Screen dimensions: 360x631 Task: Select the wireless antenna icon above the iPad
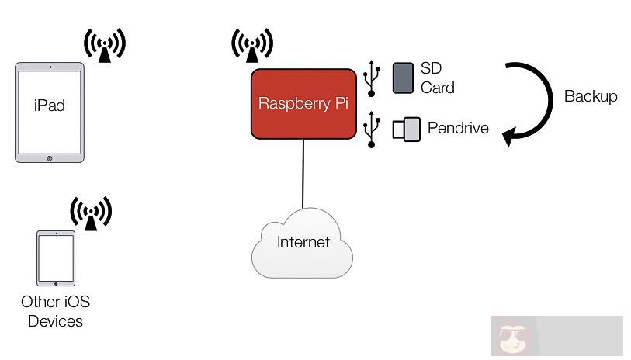point(105,45)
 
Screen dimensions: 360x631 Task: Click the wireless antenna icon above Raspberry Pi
point(252,45)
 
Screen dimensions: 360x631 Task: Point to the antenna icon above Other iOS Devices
point(91,213)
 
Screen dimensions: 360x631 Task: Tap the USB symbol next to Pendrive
point(372,129)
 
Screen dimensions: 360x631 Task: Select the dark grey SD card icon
point(403,78)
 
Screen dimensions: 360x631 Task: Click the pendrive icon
point(406,128)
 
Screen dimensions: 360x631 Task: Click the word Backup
point(591,96)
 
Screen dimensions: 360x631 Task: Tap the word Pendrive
point(458,128)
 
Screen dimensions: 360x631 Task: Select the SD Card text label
point(437,78)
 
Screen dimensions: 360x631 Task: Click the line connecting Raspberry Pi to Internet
point(303,175)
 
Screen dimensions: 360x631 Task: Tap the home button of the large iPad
point(50,157)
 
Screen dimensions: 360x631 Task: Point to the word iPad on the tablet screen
point(50,106)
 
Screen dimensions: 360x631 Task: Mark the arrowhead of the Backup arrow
point(509,138)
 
